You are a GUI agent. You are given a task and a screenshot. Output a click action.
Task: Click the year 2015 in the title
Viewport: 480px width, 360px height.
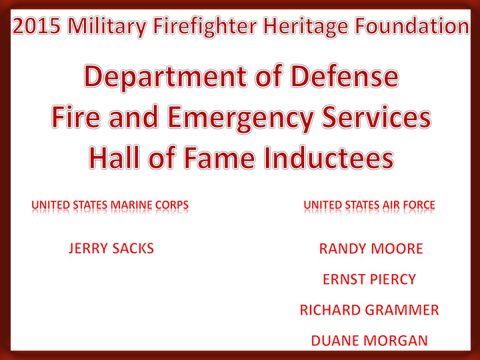(x=37, y=26)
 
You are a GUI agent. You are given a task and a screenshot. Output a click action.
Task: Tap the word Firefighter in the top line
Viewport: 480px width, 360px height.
(x=205, y=27)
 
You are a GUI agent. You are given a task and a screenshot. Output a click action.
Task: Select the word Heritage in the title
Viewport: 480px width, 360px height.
(x=306, y=27)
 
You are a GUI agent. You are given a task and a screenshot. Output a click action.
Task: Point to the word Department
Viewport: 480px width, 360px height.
(x=165, y=77)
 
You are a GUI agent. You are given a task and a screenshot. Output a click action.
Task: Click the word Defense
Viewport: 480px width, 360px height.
(x=345, y=76)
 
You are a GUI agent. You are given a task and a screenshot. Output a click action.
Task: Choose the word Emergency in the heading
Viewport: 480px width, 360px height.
(x=241, y=119)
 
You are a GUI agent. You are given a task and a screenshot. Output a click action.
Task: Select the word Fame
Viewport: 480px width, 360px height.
(x=219, y=158)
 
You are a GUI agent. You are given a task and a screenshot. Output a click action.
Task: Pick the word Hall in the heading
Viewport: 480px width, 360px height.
(x=114, y=158)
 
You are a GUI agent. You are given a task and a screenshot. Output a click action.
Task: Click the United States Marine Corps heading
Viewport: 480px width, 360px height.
(x=110, y=205)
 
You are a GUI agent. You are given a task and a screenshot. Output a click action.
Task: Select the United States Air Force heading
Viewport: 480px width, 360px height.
(x=369, y=205)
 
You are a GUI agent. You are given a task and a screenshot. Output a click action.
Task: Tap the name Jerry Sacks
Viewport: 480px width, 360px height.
(x=111, y=248)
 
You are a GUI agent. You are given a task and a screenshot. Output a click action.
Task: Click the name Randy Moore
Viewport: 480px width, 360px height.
(x=371, y=249)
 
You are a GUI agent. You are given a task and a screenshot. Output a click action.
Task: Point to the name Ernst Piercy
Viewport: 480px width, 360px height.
(x=369, y=279)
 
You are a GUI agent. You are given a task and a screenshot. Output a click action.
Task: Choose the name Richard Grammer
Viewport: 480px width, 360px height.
(x=369, y=310)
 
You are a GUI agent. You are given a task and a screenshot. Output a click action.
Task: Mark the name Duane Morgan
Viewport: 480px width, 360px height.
(x=369, y=341)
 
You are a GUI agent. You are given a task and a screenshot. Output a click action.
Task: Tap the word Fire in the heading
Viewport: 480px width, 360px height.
(x=75, y=117)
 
